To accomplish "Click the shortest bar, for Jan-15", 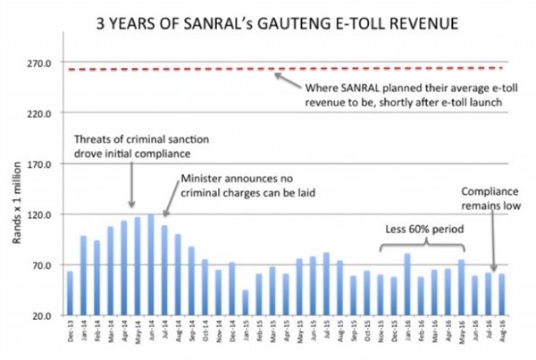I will click(x=246, y=303).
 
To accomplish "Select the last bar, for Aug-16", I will click(x=502, y=295).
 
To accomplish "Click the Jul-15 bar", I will click(x=327, y=284).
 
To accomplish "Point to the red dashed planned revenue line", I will click(x=179, y=70).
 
